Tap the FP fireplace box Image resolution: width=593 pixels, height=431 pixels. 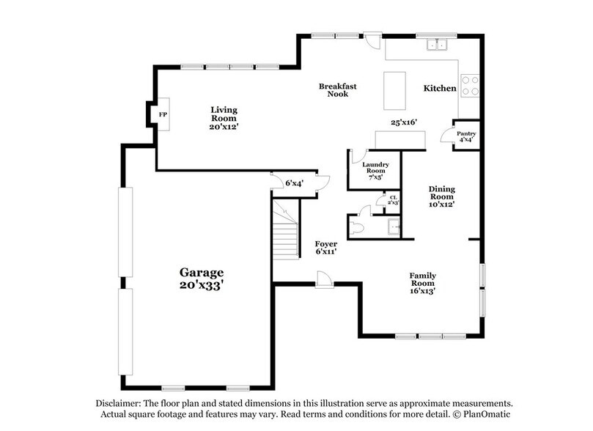pos(163,116)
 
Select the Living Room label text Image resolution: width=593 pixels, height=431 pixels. pos(224,118)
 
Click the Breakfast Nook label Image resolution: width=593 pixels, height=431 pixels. pos(337,90)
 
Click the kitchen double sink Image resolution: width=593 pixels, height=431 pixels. pos(438,45)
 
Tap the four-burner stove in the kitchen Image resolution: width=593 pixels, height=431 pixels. pos(468,86)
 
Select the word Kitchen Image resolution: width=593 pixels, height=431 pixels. pos(440,89)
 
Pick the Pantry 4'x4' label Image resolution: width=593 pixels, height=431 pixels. pos(466,136)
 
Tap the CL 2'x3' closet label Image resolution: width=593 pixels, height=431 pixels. pos(393,200)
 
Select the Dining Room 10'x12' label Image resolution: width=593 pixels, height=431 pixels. pos(441,196)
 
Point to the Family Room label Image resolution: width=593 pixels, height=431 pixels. pos(422,283)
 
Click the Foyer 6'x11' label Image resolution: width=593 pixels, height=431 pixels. pos(325,247)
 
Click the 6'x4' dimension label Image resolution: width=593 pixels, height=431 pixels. pos(294,183)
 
